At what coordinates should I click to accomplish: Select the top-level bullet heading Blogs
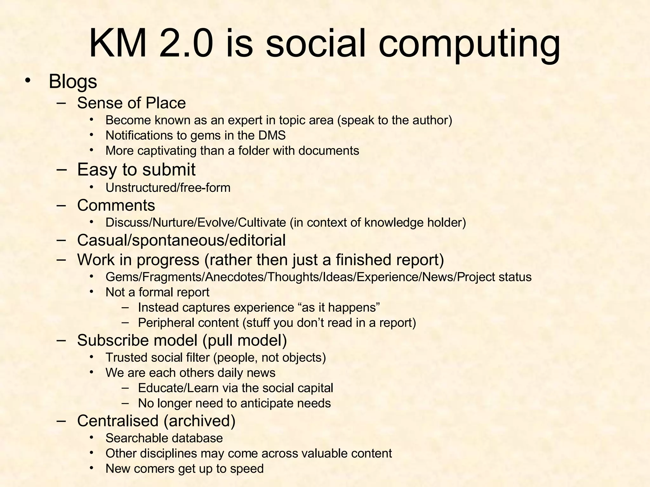pyautogui.click(x=73, y=81)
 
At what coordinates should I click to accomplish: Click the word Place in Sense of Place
pyautogui.click(x=165, y=103)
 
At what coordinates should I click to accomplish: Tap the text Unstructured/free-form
pyautogui.click(x=168, y=188)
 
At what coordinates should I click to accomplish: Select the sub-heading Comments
pyautogui.click(x=116, y=205)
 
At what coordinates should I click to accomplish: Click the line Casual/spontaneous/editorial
pyautogui.click(x=181, y=240)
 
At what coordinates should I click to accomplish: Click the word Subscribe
pyautogui.click(x=113, y=340)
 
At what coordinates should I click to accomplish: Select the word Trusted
pyautogui.click(x=126, y=358)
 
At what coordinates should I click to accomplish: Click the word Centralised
pyautogui.click(x=118, y=421)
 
